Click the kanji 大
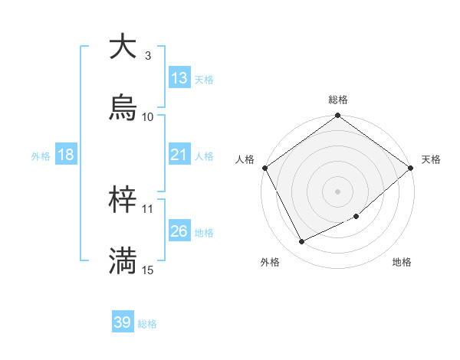click(x=123, y=47)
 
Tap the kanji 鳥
click(x=123, y=108)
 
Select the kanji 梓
click(x=123, y=200)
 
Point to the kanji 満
click(x=123, y=261)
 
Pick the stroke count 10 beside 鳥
click(x=148, y=116)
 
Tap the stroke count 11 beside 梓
click(x=148, y=208)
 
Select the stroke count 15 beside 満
click(x=148, y=270)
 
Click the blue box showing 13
click(x=179, y=78)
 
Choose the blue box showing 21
click(x=179, y=155)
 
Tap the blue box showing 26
click(x=179, y=231)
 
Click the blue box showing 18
click(x=66, y=155)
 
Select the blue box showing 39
click(x=123, y=322)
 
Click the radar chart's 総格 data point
click(x=337, y=116)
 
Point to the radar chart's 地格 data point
click(x=356, y=216)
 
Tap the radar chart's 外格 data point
click(x=302, y=242)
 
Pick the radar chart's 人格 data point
click(x=264, y=168)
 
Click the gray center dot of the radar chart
click(x=337, y=191)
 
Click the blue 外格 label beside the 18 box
click(x=41, y=155)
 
